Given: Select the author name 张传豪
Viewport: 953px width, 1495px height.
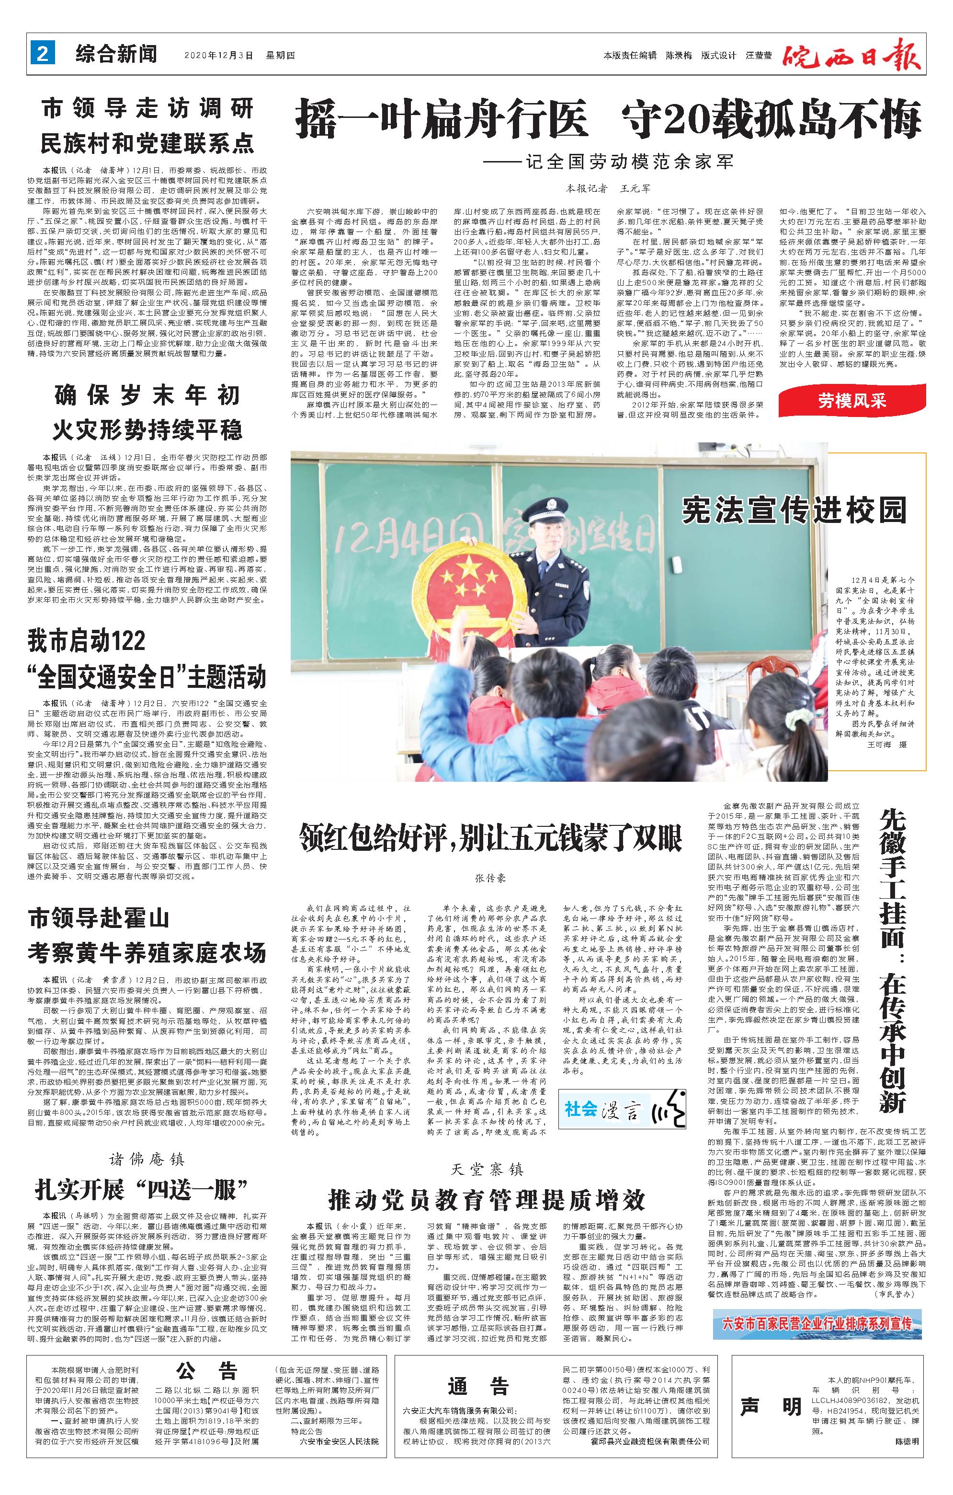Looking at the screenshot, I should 490,879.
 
